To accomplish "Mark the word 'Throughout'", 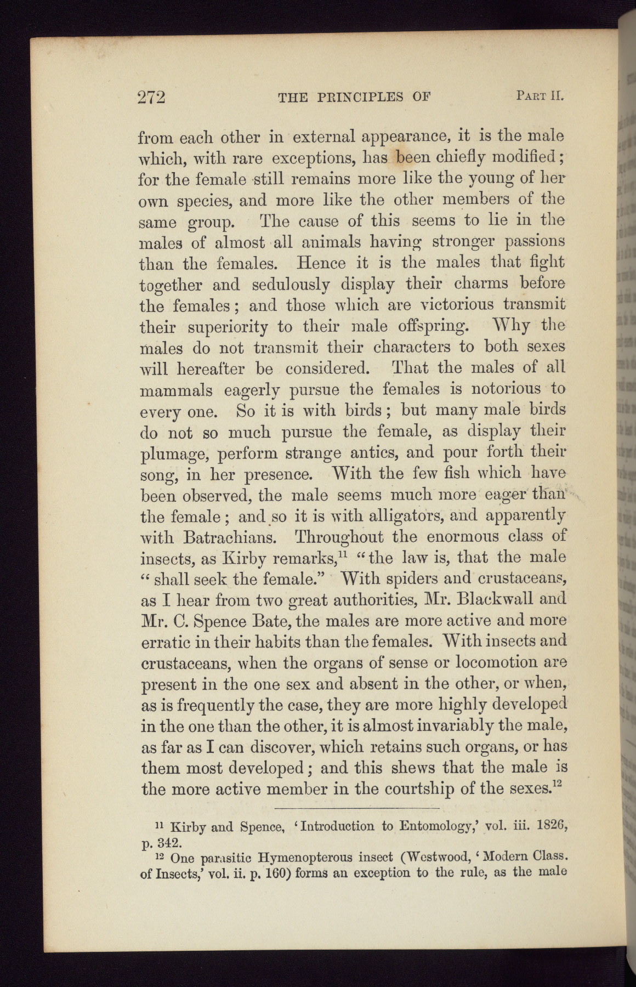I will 350,536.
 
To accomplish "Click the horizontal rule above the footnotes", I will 356,808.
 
